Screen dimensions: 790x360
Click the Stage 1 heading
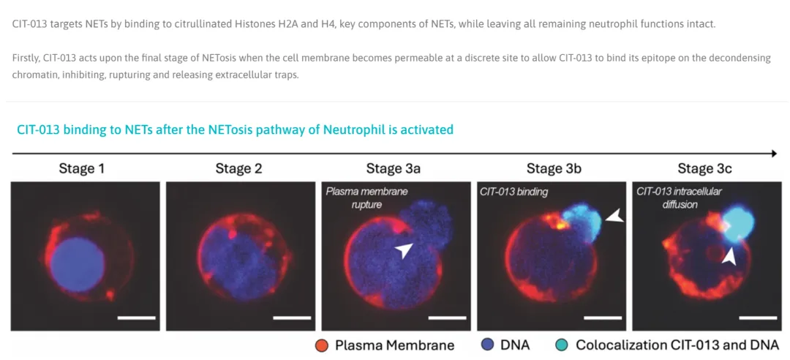(82, 169)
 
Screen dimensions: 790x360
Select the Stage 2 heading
(238, 169)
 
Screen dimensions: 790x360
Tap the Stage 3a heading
(393, 169)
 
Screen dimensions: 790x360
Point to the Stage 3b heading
(554, 169)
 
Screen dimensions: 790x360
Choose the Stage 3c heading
(704, 169)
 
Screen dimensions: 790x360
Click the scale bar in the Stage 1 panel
(136, 318)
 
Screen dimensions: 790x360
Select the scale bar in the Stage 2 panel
(292, 318)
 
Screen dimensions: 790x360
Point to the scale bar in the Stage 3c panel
(758, 318)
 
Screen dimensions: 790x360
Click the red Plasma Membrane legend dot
(323, 345)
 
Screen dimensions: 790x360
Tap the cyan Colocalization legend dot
(563, 345)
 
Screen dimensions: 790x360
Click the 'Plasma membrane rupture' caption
(366, 198)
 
